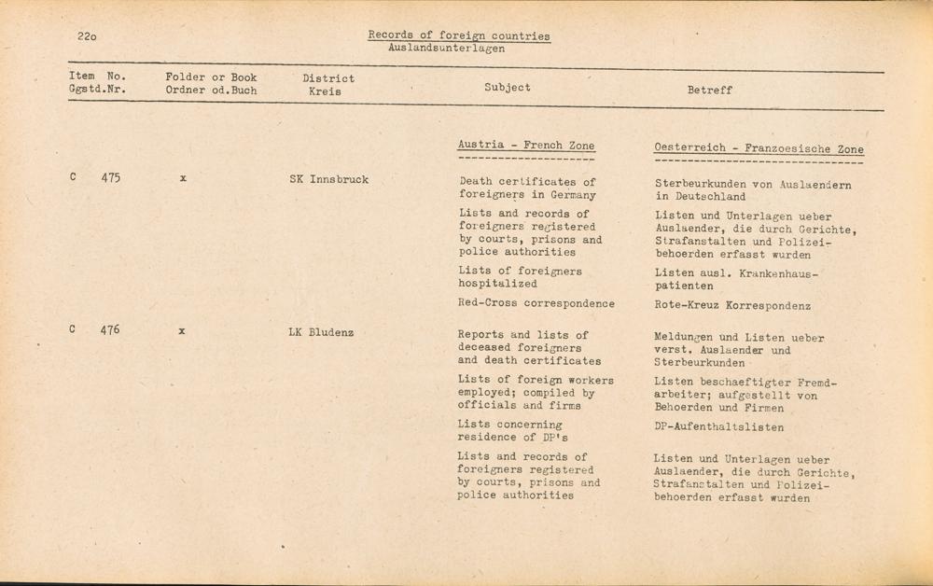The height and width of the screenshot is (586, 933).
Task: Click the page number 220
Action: (88, 36)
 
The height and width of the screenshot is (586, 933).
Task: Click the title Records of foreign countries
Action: (458, 35)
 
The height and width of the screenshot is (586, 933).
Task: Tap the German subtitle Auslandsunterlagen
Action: (446, 48)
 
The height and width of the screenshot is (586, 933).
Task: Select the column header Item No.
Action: (97, 77)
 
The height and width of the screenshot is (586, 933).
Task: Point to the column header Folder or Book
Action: (211, 77)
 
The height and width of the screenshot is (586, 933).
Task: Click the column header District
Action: (328, 78)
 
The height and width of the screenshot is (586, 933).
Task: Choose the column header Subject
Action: (508, 87)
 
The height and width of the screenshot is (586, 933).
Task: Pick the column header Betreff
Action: (709, 91)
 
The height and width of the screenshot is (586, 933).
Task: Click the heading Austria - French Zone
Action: (525, 146)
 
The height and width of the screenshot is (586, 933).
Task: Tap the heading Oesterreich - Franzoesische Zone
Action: (759, 148)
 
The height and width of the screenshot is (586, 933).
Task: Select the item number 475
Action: (110, 177)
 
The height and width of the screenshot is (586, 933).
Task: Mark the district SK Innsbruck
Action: (328, 179)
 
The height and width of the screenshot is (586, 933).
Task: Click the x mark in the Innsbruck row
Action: (183, 177)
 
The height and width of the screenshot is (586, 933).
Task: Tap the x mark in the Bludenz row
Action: (182, 330)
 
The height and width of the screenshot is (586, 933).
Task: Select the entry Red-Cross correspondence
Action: (536, 303)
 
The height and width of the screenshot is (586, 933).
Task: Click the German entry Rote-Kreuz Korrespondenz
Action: (732, 306)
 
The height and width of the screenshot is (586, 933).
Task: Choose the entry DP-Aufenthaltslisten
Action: (718, 427)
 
